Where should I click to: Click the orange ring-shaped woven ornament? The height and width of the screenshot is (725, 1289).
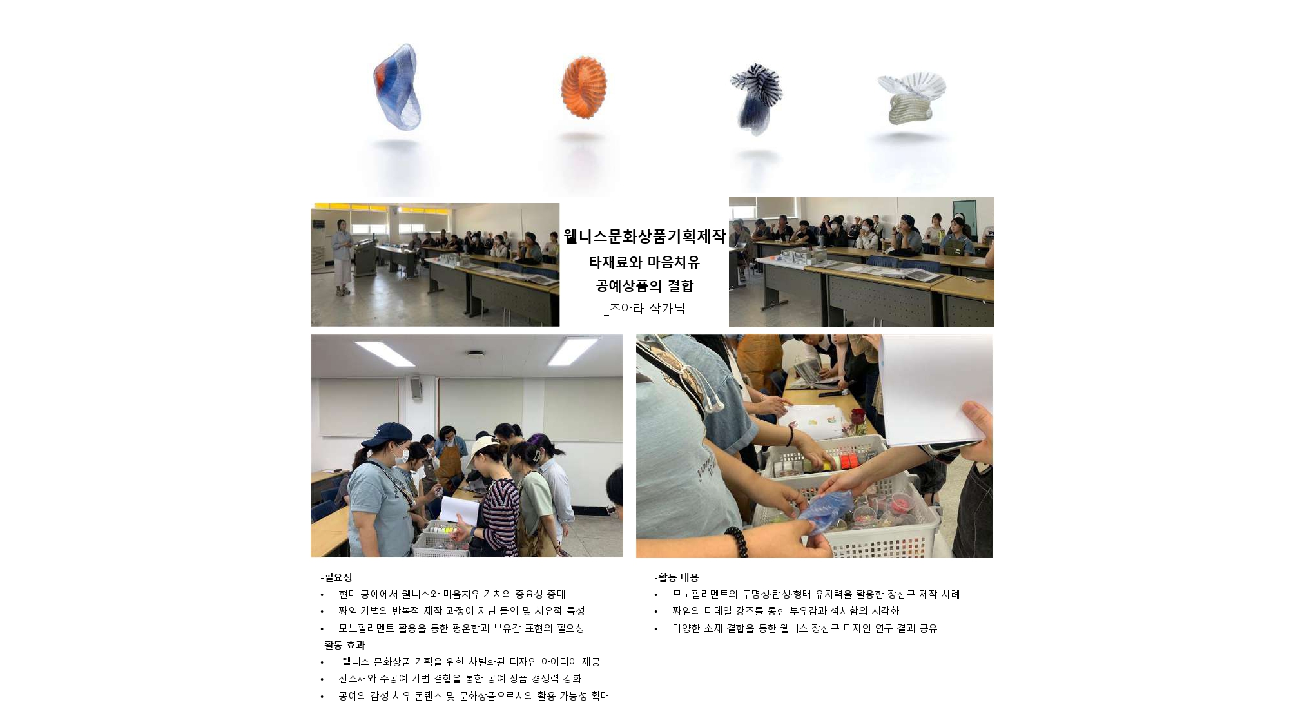(x=583, y=88)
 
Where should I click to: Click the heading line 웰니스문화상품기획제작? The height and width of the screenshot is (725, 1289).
(x=644, y=237)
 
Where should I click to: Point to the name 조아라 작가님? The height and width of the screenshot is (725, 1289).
(x=646, y=309)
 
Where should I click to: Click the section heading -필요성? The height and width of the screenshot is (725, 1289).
(x=336, y=577)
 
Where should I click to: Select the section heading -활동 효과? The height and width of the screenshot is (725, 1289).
(x=343, y=645)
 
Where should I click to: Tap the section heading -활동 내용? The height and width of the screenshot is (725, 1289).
(x=677, y=577)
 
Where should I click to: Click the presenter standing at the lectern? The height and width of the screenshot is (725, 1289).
(x=342, y=258)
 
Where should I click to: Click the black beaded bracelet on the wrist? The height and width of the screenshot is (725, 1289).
(x=736, y=541)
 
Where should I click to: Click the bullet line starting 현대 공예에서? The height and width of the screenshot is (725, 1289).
(x=451, y=594)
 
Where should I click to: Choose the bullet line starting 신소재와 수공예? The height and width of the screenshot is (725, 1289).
(x=460, y=679)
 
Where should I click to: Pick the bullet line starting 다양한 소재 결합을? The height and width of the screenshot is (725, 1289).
(x=804, y=628)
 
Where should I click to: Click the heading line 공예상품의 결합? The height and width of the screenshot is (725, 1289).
(x=644, y=285)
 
